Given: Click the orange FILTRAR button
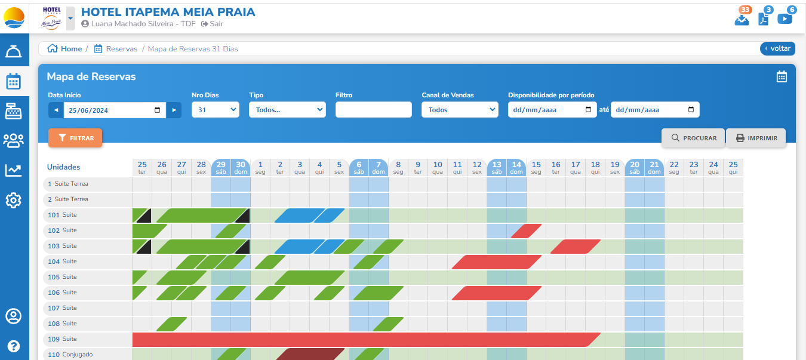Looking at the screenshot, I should (75, 138).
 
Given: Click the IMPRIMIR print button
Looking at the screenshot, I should (756, 138).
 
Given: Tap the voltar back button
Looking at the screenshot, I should (777, 48).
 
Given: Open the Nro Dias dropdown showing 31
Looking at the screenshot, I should (215, 110).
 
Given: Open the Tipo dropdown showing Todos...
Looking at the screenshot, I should (287, 110).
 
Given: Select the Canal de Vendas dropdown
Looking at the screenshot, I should (459, 110).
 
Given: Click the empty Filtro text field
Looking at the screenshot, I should (373, 110).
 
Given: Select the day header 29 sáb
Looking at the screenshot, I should (221, 167).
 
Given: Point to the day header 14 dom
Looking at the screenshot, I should (516, 167).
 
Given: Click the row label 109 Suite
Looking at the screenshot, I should (63, 339).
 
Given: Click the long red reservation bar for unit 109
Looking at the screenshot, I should (358, 340).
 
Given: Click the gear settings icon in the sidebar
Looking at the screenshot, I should (14, 200).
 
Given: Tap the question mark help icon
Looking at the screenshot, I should (14, 346).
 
